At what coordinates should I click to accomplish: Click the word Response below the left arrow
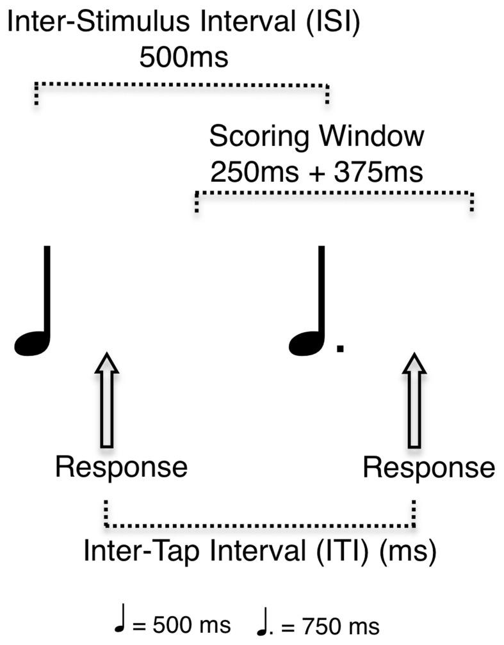121,467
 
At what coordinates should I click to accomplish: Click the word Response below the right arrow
429,468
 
